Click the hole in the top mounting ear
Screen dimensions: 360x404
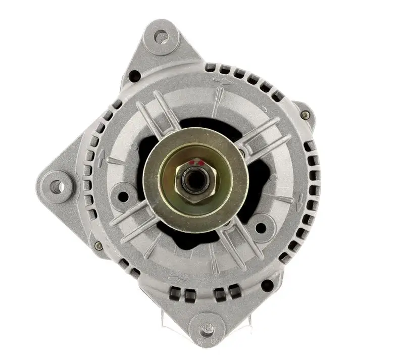click(x=162, y=36)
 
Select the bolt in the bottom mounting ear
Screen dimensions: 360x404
click(x=206, y=330)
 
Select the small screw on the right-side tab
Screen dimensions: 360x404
click(x=304, y=115)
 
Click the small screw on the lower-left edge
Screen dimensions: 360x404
click(x=98, y=246)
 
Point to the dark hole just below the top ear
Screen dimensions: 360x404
click(x=134, y=76)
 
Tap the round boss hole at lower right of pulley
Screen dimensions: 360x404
click(x=261, y=227)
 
